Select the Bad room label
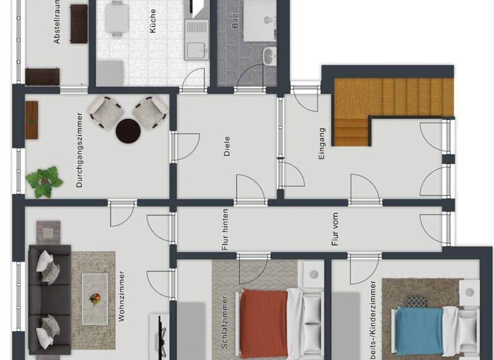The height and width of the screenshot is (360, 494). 235,22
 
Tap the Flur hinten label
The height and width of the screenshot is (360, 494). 225,230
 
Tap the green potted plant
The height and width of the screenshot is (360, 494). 44,180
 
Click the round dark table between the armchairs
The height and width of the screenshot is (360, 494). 128,130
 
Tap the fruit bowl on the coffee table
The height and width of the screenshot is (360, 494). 95,298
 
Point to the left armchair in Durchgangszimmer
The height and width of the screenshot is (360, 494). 105,110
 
